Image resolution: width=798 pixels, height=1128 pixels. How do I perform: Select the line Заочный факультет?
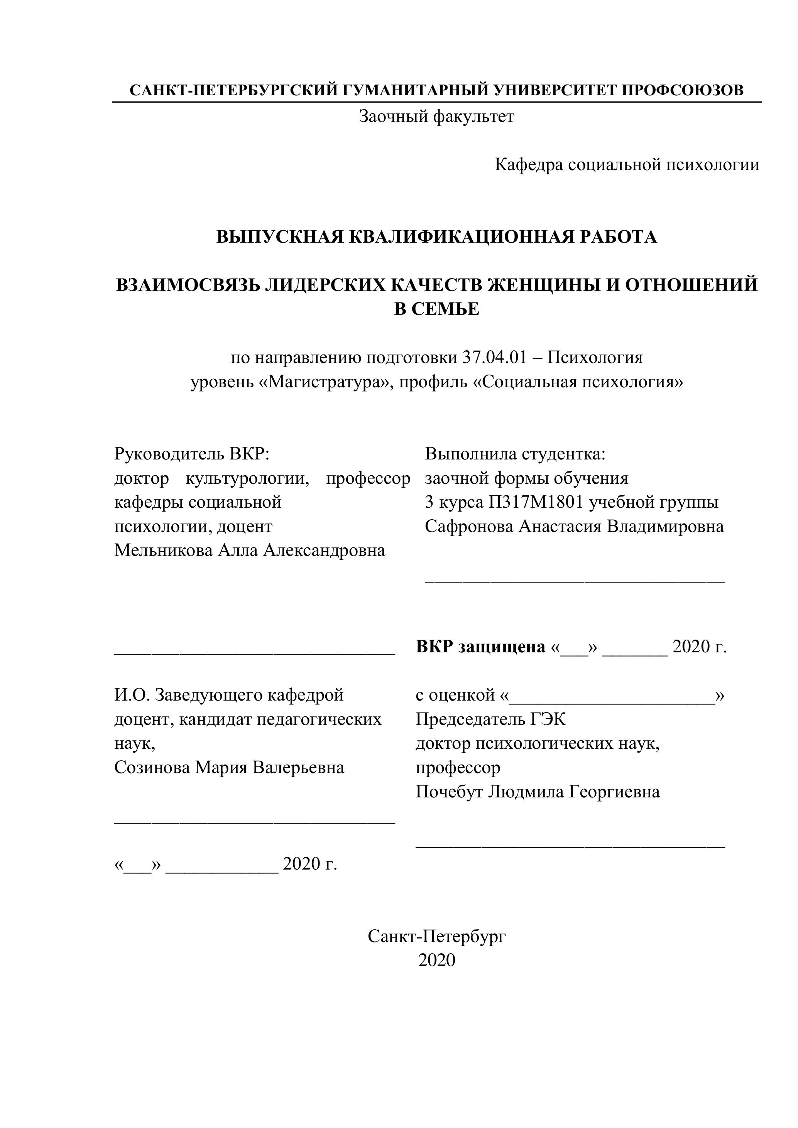[x=436, y=117]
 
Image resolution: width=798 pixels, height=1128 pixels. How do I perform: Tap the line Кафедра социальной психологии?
[x=627, y=165]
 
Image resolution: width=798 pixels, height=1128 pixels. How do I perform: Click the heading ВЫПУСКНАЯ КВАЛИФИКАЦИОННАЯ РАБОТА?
[x=436, y=237]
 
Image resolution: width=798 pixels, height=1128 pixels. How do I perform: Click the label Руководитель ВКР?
[x=192, y=453]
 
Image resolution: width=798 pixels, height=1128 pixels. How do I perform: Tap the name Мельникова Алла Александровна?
[x=250, y=550]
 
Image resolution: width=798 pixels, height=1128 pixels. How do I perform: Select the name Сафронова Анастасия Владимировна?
[x=574, y=526]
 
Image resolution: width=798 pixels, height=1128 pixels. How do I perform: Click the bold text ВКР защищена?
[x=480, y=647]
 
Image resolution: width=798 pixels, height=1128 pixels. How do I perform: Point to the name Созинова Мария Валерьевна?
[x=229, y=767]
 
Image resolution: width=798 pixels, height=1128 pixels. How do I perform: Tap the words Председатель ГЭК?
[x=490, y=719]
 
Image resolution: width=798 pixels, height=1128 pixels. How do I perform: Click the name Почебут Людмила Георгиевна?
[x=538, y=792]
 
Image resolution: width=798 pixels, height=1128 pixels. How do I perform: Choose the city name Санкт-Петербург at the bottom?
[x=436, y=936]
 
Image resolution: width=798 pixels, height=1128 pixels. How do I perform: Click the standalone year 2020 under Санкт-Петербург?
[x=436, y=961]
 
